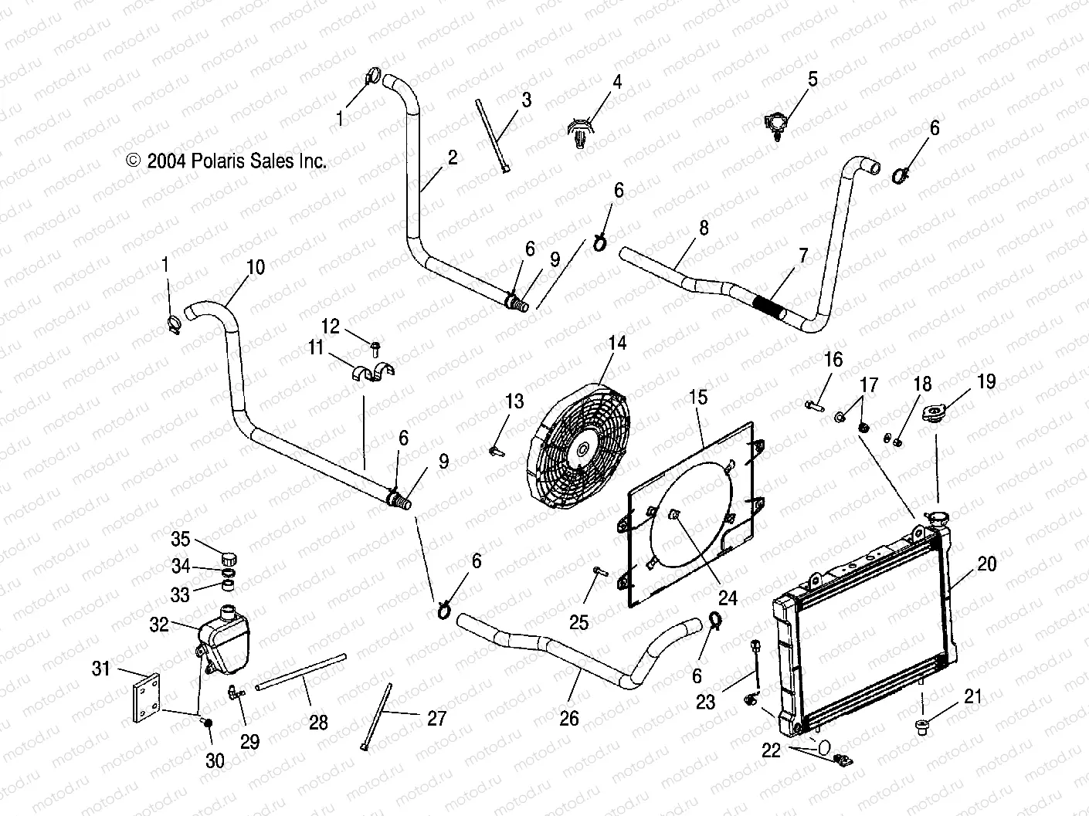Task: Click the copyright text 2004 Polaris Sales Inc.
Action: (x=226, y=161)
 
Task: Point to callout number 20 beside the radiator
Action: (x=987, y=564)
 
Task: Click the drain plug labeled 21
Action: (x=921, y=725)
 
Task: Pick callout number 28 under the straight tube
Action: (x=318, y=723)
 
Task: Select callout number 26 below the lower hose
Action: (x=569, y=719)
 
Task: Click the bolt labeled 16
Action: (x=813, y=403)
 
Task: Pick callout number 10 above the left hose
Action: (x=255, y=267)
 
